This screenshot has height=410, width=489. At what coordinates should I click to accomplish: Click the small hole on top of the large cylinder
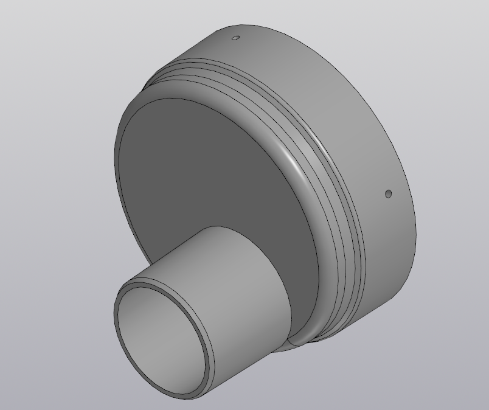pos(237,38)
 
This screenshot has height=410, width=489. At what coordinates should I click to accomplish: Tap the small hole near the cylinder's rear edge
pos(389,194)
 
